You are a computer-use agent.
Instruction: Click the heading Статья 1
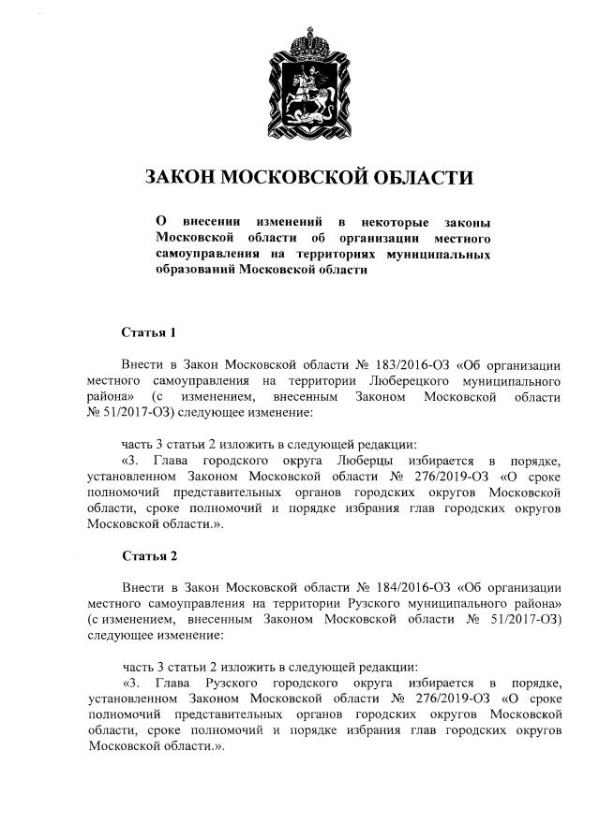pos(149,332)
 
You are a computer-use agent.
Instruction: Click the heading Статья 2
pos(149,556)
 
